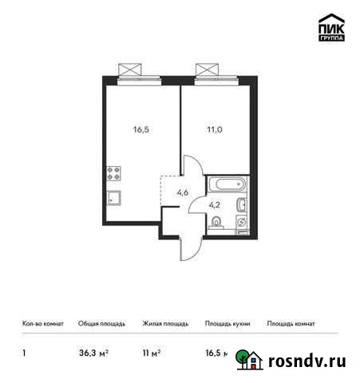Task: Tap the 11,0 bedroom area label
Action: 217,126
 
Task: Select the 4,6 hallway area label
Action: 181,192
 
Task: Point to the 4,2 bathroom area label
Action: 214,203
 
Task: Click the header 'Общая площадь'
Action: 101,324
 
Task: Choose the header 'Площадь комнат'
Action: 291,324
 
